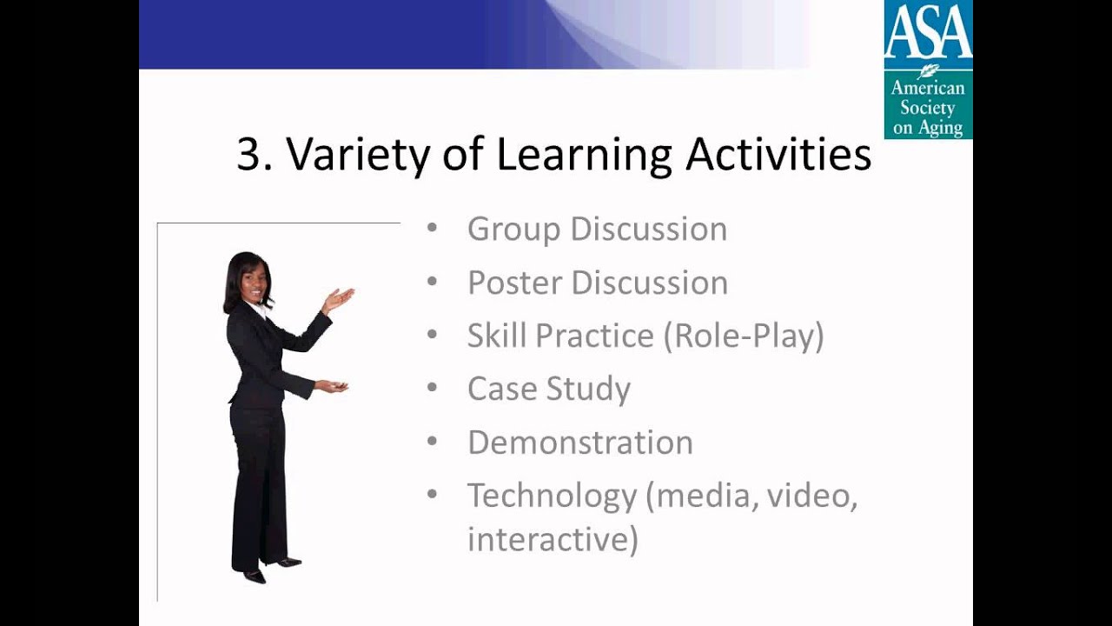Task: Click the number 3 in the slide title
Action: (249, 155)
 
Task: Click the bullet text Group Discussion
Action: (597, 230)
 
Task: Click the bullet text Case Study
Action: (548, 390)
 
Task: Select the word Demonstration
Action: (579, 443)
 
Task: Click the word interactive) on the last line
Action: (553, 539)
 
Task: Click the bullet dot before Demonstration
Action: (432, 443)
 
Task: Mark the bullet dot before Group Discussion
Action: (432, 230)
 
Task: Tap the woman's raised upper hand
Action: (339, 300)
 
